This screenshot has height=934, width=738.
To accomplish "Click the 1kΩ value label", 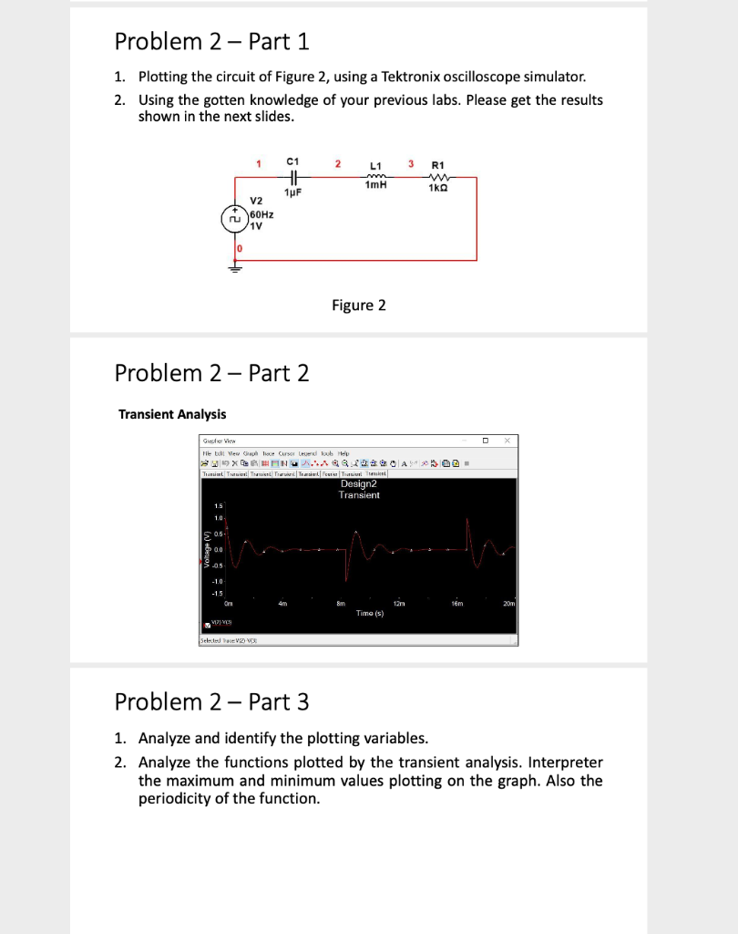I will (439, 189).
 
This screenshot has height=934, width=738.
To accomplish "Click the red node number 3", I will (411, 163).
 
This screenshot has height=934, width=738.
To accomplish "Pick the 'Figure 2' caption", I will (358, 305).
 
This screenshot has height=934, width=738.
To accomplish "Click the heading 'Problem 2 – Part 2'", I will (211, 372).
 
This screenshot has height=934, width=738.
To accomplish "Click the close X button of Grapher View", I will (507, 441).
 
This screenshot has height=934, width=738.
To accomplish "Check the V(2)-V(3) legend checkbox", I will (205, 627).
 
